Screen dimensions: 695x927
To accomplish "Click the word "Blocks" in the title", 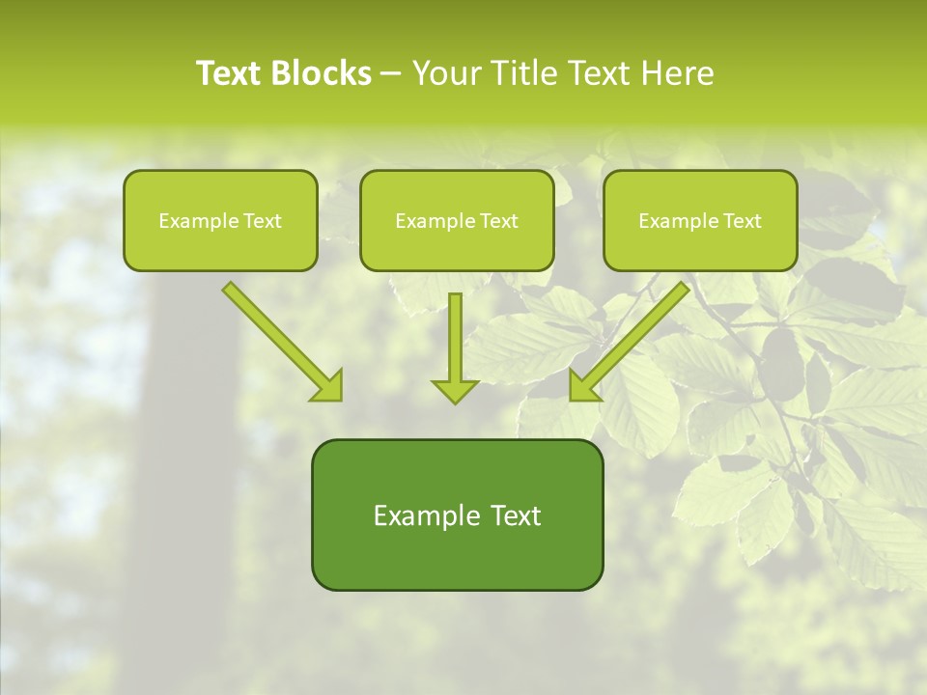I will (323, 73).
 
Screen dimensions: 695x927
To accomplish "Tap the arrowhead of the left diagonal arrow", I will (328, 385).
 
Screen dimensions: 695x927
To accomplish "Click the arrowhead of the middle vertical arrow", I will (455, 390).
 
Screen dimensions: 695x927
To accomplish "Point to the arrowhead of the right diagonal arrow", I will (583, 385).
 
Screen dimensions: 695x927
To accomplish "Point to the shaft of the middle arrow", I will (455, 333).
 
